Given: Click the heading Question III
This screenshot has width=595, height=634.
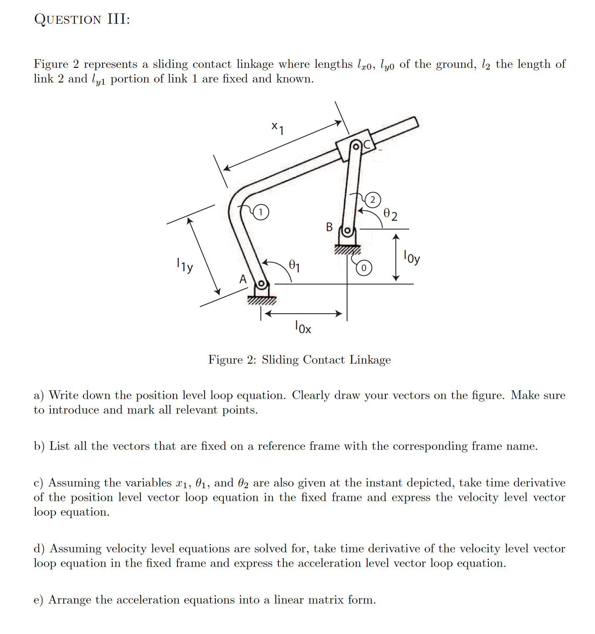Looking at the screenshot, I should (x=82, y=19).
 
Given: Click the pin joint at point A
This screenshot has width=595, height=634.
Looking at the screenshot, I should (x=261, y=285).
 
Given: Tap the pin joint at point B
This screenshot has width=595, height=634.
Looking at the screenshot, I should (x=347, y=230).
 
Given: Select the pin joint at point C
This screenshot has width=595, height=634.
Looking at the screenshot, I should (x=356, y=146).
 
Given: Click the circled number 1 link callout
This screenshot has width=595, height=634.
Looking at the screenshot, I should (x=261, y=212).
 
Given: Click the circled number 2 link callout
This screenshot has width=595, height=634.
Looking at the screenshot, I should (x=372, y=200).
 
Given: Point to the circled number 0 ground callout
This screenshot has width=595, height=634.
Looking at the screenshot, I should (x=364, y=268).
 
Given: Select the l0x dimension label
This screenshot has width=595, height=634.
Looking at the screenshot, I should (x=303, y=327).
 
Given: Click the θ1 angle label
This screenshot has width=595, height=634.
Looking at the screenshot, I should (x=295, y=265).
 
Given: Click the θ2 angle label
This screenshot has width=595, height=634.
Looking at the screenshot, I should (x=390, y=215).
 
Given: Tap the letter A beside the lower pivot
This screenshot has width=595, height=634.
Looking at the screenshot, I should (x=243, y=279).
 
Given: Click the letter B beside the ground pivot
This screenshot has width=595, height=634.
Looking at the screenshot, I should (x=330, y=227).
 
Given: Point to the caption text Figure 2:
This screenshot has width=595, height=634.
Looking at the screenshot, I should (x=232, y=360).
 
